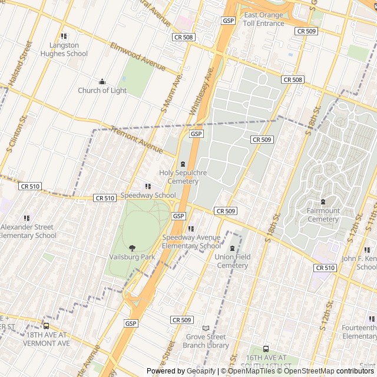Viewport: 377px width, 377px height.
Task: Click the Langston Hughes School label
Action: coord(64,49)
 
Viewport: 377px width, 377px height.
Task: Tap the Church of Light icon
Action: coord(102,81)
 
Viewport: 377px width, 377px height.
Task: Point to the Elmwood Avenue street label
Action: coord(138,57)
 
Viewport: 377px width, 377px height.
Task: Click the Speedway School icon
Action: coord(148,186)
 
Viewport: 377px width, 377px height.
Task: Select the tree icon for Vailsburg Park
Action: coord(132,248)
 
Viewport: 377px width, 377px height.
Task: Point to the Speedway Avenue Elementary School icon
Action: coord(191,229)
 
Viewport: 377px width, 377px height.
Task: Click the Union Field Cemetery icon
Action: coord(232,248)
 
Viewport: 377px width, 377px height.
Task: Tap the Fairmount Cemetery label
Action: coord(323,215)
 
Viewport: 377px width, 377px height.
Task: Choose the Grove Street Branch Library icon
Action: coord(206,328)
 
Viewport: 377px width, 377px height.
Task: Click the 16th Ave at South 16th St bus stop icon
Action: coord(266,348)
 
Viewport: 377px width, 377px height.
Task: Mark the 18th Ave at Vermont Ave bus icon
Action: coord(46,325)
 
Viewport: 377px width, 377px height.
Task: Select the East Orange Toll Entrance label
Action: coord(264,19)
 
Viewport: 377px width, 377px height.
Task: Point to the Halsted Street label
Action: coord(24,58)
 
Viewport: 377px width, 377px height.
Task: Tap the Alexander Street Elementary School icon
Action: coord(27,218)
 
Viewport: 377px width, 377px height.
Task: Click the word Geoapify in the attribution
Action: coord(201,371)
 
